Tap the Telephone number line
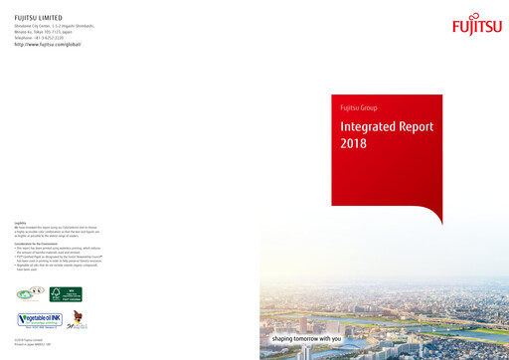click(x=45, y=38)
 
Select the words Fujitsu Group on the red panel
click(x=359, y=107)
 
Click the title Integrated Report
click(x=383, y=127)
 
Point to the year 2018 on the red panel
click(x=354, y=144)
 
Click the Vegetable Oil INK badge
click(x=40, y=319)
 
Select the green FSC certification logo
click(x=66, y=293)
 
